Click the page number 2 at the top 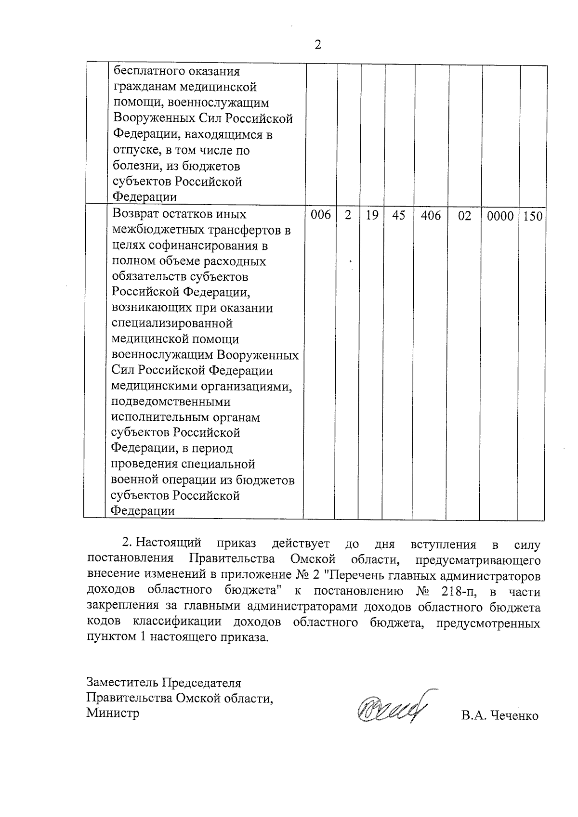(317, 45)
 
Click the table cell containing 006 (320, 216)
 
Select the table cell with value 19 (371, 216)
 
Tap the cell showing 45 (398, 216)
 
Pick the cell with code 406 (431, 216)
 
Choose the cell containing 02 (464, 216)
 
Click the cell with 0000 (500, 216)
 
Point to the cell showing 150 (533, 216)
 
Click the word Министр (113, 713)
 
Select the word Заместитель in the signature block (122, 683)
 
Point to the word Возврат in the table (137, 214)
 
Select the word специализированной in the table (172, 324)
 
